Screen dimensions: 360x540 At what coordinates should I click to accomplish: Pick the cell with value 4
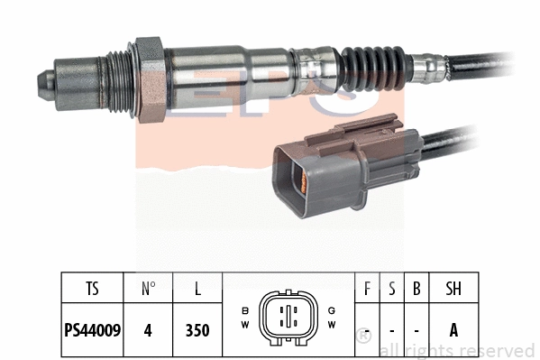click(149, 329)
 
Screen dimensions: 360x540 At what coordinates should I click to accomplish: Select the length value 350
click(197, 329)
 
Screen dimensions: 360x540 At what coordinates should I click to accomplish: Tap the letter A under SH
click(454, 329)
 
